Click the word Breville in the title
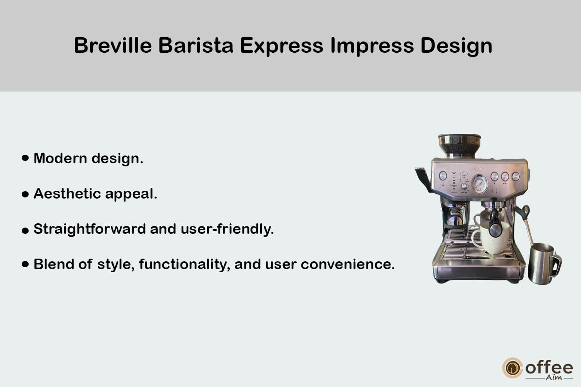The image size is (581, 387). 113,45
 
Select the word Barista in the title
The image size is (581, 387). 196,45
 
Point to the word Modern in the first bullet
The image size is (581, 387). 60,158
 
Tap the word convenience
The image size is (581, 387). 347,264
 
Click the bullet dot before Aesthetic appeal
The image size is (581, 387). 25,194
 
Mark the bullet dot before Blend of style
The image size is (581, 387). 25,264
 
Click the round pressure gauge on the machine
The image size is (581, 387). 479,184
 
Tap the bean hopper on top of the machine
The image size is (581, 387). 459,145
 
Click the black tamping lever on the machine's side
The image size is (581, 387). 423,180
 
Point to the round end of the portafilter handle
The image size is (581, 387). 495,230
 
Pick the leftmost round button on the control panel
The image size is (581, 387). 443,176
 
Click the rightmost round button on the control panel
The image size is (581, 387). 516,176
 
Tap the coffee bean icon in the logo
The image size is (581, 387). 512,368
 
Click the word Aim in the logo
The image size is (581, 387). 554,377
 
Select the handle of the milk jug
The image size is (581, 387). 557,265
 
